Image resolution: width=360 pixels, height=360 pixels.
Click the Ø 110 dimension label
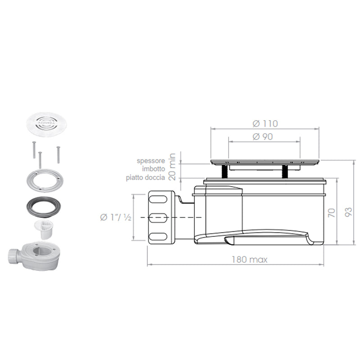265,124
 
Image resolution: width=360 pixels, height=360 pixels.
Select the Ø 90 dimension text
263,137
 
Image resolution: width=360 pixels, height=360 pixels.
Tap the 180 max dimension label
250,260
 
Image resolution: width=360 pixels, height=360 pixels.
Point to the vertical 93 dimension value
348,211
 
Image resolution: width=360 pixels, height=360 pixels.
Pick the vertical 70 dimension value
332,213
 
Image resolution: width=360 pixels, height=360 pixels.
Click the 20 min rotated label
172,166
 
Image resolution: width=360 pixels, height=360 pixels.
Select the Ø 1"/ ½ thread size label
116,217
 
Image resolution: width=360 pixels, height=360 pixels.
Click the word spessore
151,161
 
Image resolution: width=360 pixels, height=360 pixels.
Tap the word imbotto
153,169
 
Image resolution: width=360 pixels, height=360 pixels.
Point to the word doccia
156,177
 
